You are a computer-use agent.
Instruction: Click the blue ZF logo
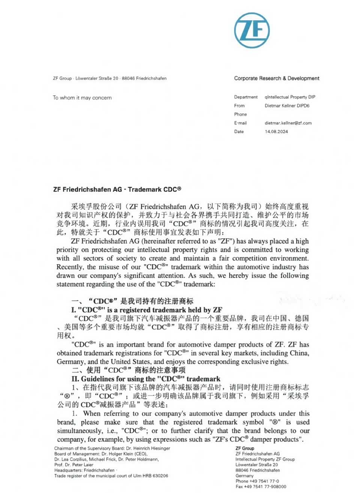pos(252,30)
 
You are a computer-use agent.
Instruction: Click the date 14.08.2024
pos(276,132)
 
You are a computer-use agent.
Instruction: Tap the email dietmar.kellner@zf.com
pos(288,123)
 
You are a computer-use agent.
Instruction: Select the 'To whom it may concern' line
pos(82,98)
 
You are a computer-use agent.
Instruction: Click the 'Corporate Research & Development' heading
pos(277,78)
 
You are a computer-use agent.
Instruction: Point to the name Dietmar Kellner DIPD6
pos(287,106)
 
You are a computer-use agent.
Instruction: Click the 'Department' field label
pos(246,97)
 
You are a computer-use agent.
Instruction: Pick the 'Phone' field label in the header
pos(240,114)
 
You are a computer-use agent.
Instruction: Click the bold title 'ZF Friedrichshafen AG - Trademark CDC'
pos(117,189)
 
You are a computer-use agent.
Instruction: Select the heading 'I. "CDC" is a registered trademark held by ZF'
pos(147,310)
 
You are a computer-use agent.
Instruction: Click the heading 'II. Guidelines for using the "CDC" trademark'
pos(146,379)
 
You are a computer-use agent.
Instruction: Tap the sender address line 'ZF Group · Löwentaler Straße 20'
pos(109,78)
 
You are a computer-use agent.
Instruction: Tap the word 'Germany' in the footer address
pos(244,476)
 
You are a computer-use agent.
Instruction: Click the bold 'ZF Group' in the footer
pos(245,448)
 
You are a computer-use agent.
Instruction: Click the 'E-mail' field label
pos(240,123)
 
